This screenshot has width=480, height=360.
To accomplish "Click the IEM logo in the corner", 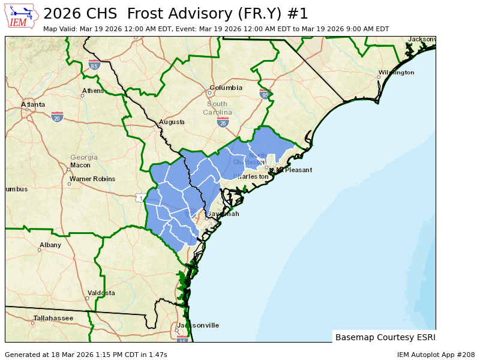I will pyautogui.click(x=22, y=16).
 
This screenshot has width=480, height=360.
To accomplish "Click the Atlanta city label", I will pyautogui.click(x=33, y=104).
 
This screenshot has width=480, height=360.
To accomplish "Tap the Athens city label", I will pyautogui.click(x=93, y=91).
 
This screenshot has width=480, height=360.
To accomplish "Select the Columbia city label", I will pyautogui.click(x=226, y=88).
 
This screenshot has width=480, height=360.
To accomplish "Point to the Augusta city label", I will pyautogui.click(x=172, y=122).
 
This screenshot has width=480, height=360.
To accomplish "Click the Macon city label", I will pyautogui.click(x=80, y=165).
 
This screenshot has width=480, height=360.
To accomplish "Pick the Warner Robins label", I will pyautogui.click(x=92, y=179).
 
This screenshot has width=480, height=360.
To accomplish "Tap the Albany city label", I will pyautogui.click(x=50, y=245).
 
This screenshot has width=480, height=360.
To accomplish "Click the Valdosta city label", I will pyautogui.click(x=101, y=293).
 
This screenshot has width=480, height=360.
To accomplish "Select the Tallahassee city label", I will pyautogui.click(x=53, y=318).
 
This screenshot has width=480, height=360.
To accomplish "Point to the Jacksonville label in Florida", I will pyautogui.click(x=198, y=325).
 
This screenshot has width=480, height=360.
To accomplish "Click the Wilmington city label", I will pyautogui.click(x=396, y=73).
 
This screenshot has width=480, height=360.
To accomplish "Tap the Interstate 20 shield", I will pyautogui.click(x=57, y=117).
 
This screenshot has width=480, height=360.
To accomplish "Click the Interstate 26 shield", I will pyautogui.click(x=223, y=122).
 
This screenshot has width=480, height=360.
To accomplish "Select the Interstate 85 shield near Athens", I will pyautogui.click(x=94, y=65).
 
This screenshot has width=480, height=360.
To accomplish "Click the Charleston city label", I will pyautogui.click(x=251, y=176).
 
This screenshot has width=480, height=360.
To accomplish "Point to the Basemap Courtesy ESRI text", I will pyautogui.click(x=384, y=337).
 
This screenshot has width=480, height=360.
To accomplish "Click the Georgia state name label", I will pyautogui.click(x=84, y=157).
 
